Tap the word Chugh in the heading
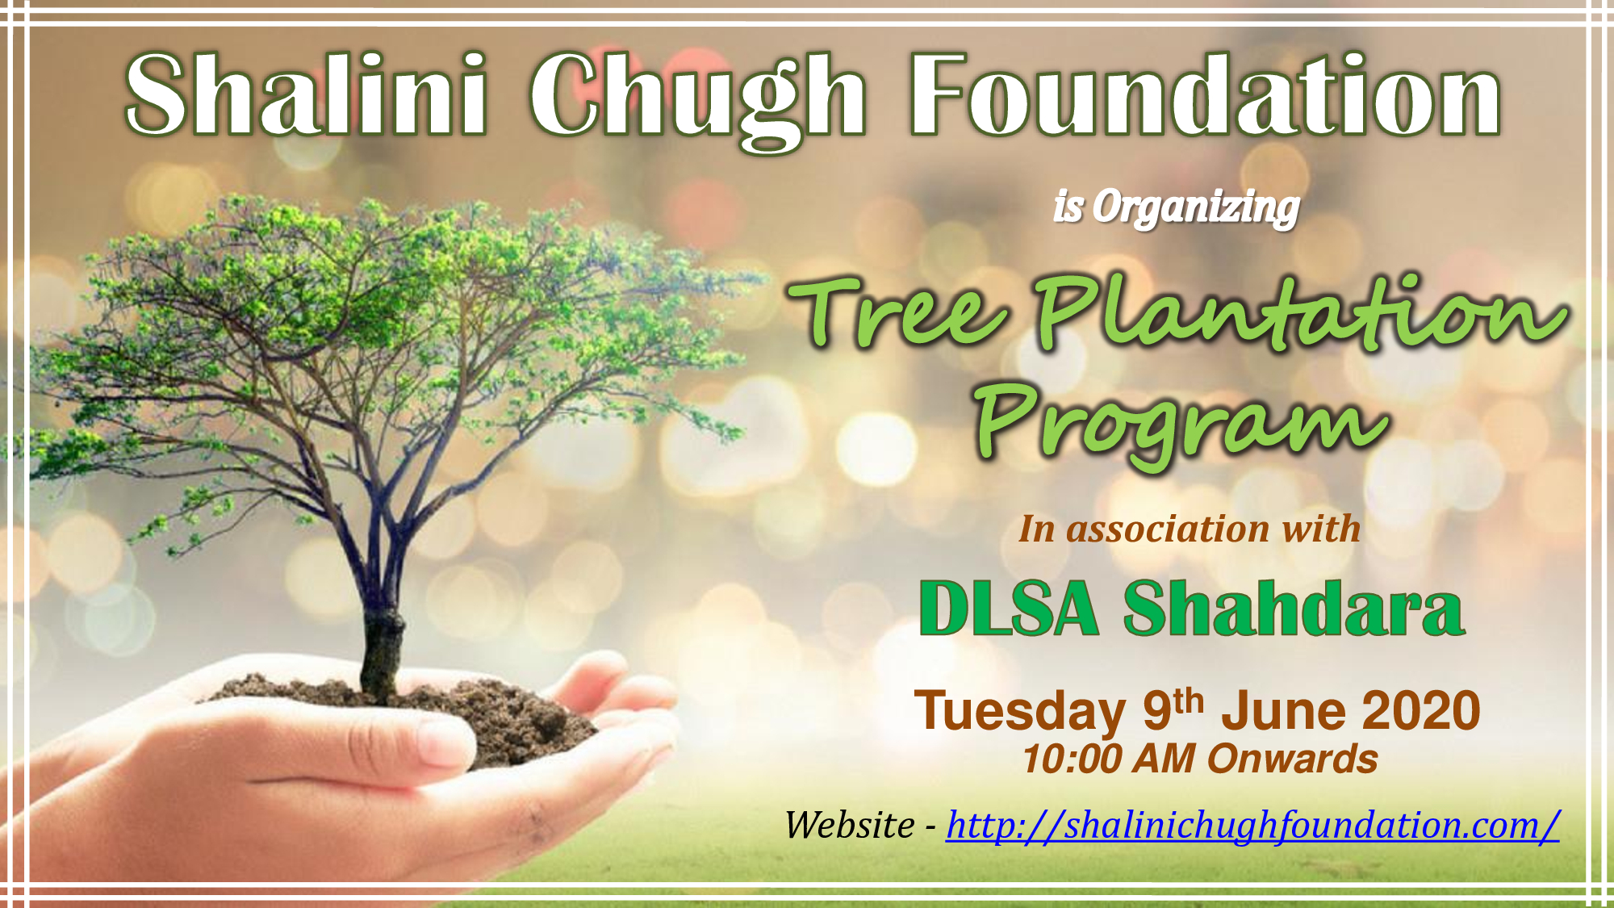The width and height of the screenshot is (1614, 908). pyautogui.click(x=697, y=100)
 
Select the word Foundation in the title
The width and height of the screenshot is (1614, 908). pyautogui.click(x=1206, y=94)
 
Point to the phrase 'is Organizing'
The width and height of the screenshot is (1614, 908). pyautogui.click(x=1176, y=207)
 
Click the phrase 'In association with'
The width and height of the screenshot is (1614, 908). pyautogui.click(x=1190, y=529)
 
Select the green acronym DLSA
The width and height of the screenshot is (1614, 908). pyautogui.click(x=1009, y=609)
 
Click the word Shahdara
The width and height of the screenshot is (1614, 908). pyautogui.click(x=1294, y=608)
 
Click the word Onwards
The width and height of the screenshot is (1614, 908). pyautogui.click(x=1293, y=759)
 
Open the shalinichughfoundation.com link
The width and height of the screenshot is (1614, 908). pyautogui.click(x=1252, y=826)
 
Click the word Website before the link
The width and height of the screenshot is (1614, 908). pyautogui.click(x=850, y=825)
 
